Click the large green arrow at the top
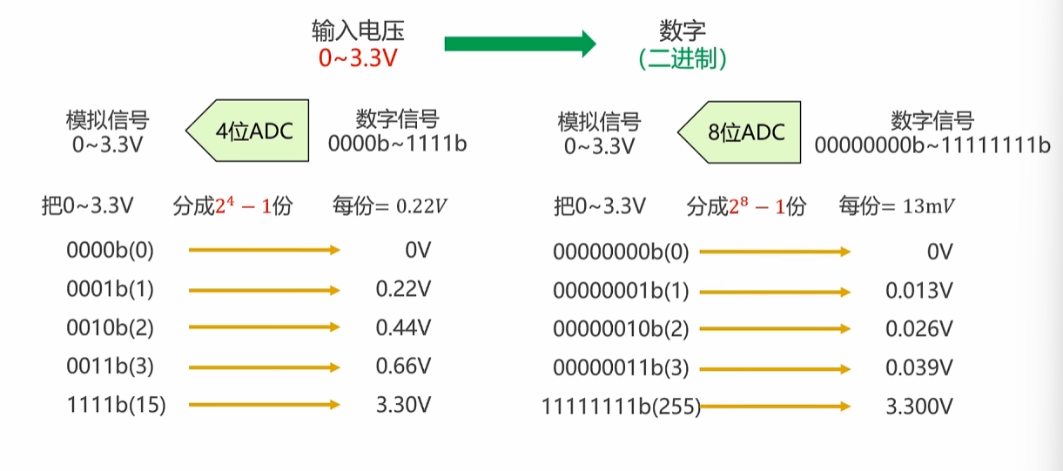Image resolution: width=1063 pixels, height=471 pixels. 520,44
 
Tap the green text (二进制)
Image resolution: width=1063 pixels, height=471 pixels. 683,60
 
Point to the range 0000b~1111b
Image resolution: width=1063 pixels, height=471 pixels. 397,144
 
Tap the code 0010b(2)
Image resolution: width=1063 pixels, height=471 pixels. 110,328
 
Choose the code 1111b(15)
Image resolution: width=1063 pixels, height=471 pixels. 116,405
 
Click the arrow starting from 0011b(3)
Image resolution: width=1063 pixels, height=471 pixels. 264,367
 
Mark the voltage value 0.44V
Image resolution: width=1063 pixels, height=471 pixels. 403,328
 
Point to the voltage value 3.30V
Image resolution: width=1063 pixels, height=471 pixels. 403,405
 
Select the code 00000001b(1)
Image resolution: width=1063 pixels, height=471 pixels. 621,291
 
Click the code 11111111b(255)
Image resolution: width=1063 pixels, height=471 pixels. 621,406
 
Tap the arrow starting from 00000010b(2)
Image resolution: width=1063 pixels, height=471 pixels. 775,329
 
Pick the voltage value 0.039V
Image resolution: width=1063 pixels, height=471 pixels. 919,367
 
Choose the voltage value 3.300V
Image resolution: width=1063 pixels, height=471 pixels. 919,406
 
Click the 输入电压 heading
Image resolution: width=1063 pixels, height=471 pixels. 358,31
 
